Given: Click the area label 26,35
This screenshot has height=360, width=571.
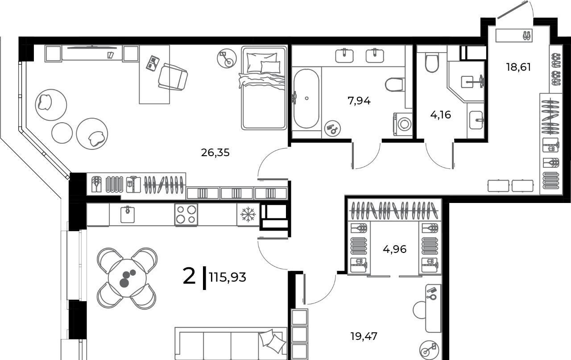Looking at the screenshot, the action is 215,153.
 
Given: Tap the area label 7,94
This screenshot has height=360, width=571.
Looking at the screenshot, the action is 359,101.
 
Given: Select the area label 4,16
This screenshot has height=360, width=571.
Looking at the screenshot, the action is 440,115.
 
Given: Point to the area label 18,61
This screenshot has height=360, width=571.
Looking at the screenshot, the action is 518,67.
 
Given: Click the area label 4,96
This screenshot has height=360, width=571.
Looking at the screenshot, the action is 395,249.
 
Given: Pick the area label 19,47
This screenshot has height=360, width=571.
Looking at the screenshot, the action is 364,336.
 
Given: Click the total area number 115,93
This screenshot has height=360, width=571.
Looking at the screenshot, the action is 228,277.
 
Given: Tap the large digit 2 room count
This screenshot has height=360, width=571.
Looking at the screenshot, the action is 189,277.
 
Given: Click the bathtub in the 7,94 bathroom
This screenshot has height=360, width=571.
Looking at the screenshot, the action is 306,99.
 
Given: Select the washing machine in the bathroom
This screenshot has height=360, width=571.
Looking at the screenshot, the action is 403,124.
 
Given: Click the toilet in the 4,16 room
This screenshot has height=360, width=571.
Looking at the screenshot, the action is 431,62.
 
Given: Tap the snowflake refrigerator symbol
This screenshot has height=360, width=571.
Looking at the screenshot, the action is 248,214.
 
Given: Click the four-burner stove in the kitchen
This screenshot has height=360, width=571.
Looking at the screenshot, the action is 186,215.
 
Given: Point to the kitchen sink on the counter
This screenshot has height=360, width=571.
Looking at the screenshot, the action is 128,214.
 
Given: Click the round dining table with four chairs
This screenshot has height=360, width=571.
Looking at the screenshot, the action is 127,278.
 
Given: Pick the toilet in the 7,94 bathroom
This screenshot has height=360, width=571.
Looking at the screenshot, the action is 395,85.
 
